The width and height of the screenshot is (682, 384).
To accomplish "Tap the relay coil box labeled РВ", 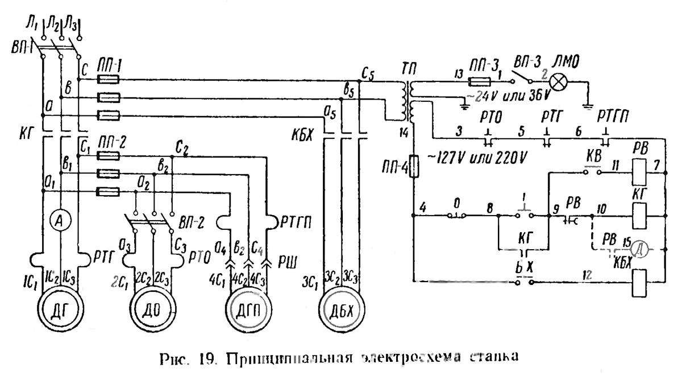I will coord(639,169).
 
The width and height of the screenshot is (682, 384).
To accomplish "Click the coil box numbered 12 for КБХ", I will coord(639,281).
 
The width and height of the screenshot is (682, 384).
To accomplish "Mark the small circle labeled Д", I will coord(640,249).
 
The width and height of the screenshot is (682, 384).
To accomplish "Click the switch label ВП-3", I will coord(527,61).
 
